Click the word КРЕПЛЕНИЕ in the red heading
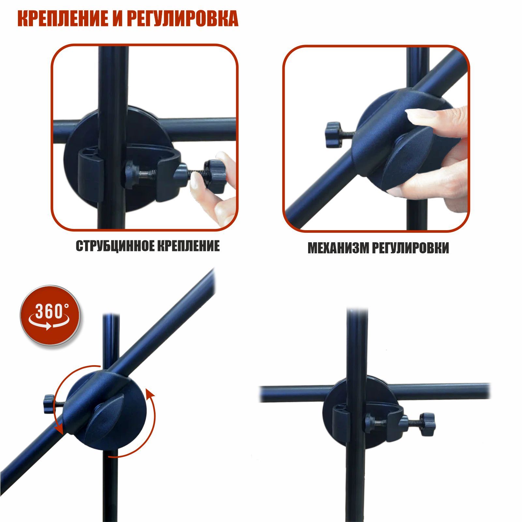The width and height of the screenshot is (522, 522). pyautogui.click(x=62, y=19)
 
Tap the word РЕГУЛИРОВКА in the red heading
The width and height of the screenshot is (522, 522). pyautogui.click(x=182, y=19)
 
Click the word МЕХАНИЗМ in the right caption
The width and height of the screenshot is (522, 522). pyautogui.click(x=338, y=248)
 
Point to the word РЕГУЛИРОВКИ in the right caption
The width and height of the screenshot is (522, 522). pyautogui.click(x=410, y=248)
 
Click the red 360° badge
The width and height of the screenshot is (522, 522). pyautogui.click(x=50, y=315)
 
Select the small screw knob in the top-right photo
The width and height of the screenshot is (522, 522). pyautogui.click(x=333, y=135)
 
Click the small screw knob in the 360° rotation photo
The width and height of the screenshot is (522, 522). pyautogui.click(x=49, y=403)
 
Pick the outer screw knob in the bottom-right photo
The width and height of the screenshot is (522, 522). pyautogui.click(x=427, y=424)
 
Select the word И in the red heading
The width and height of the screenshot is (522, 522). pyautogui.click(x=116, y=19)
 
